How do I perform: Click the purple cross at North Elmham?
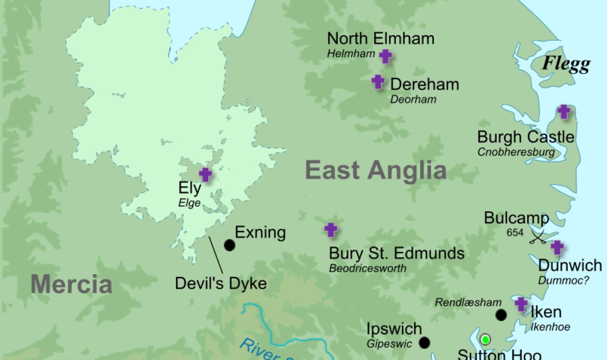pos(385,56)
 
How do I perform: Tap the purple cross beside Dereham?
pos(378,82)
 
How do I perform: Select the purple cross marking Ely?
pos(205,174)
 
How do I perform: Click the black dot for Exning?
pos(230,245)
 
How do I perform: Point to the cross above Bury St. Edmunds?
pos(331,230)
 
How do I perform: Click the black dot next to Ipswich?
pos(424,343)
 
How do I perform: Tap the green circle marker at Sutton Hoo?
pos(485,339)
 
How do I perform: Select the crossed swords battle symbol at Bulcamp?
pos(538,237)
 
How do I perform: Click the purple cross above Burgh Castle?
pos(563,111)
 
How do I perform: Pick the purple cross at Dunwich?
pos(557,248)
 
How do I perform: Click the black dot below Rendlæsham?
pos(501,315)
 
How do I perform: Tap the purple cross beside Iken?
pos(521,304)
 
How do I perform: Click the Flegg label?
pos(566,63)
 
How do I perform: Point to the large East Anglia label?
pos(375,171)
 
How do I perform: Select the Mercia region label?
pos(71,284)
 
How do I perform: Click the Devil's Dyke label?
pos(220,283)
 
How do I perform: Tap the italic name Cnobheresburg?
pos(516,152)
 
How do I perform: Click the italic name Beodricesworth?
pos(368,268)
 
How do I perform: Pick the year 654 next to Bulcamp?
pos(515,233)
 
